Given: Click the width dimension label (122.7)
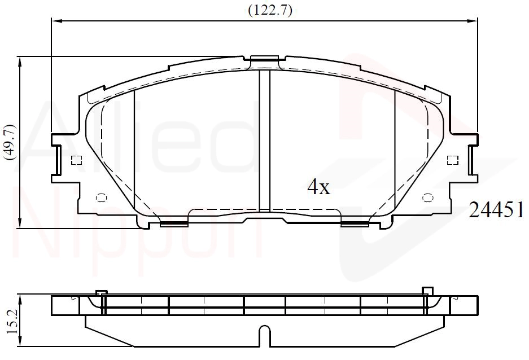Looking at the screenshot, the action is coord(270,11).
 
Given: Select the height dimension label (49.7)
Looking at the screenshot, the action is coord(10,142).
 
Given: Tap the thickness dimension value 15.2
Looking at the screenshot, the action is coord(12,322).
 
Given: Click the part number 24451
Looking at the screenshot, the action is coord(496,210).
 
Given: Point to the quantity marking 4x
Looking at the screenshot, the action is coord(318,187).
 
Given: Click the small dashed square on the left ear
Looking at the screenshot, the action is coord(77,160).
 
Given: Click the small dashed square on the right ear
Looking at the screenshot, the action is coord(452,160).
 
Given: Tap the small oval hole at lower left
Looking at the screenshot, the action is coord(101,197).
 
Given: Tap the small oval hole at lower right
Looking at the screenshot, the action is coord(428,197).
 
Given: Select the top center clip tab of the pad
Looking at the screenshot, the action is coord(265,59).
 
